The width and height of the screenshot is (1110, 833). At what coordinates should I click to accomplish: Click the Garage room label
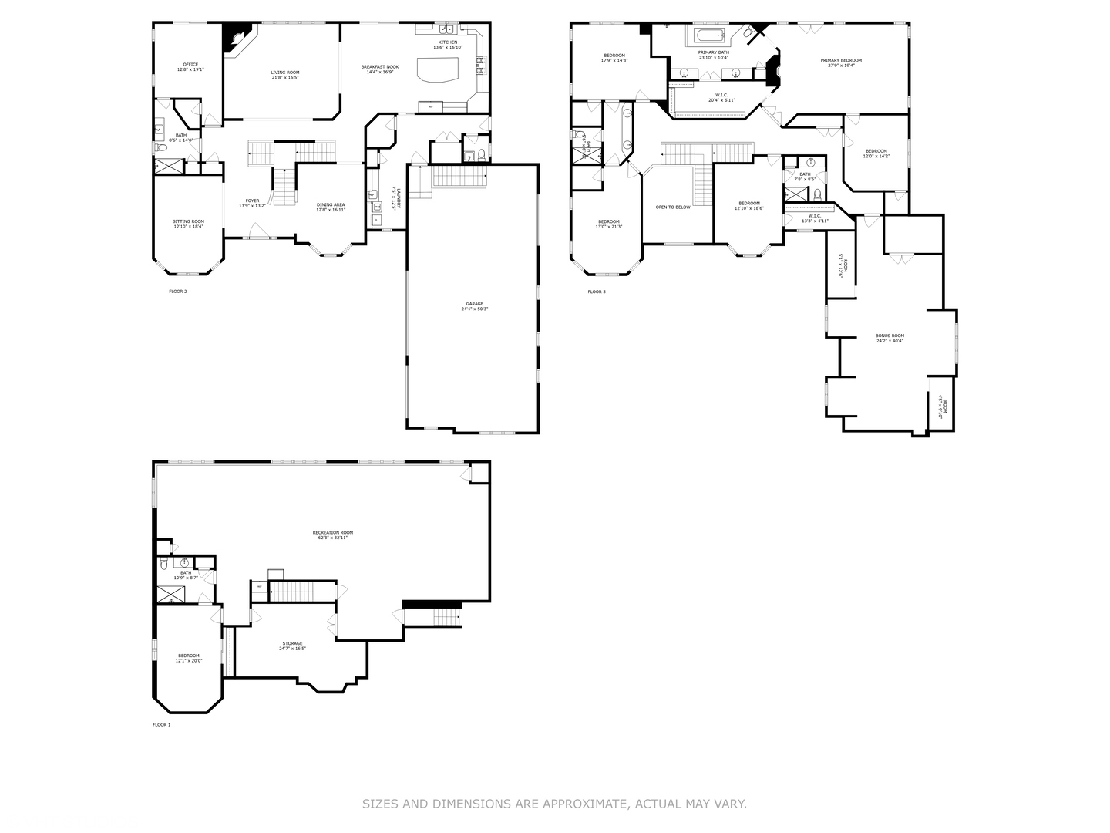tap(475, 306)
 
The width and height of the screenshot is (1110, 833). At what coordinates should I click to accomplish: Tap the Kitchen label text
tap(448, 42)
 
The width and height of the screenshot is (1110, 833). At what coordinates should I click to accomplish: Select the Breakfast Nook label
tap(380, 67)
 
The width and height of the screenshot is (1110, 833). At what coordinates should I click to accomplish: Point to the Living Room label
tap(285, 73)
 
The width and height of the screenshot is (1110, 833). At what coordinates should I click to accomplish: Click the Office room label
tap(190, 65)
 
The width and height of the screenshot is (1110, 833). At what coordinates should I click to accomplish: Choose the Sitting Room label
tap(188, 221)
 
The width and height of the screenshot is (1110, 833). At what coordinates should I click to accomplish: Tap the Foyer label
tap(253, 201)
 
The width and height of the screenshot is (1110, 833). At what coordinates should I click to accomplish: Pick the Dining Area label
tap(331, 205)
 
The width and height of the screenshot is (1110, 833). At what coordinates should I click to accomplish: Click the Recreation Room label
tap(333, 533)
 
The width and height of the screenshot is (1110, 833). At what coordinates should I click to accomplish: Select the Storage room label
tap(292, 644)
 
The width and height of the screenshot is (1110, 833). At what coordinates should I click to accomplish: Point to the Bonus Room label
tap(890, 336)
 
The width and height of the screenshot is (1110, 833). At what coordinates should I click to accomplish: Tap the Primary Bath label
tap(713, 52)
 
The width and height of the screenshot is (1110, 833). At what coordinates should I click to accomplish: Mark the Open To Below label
tap(673, 207)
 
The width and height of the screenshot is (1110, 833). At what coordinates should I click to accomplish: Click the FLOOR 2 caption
tap(178, 292)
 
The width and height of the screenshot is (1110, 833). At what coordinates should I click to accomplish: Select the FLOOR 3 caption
tap(597, 292)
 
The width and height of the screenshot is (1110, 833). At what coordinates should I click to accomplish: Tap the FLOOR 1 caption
tap(162, 725)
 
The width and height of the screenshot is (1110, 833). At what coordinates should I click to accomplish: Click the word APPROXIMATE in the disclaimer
tap(585, 804)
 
